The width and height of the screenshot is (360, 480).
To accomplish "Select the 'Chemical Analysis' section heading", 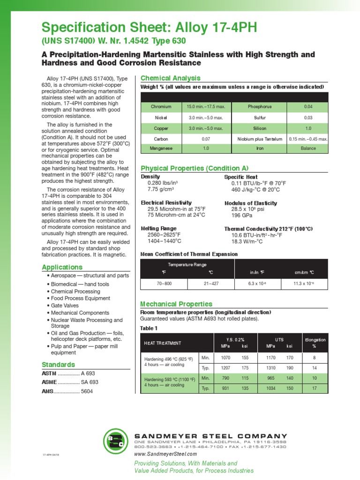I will [171, 78].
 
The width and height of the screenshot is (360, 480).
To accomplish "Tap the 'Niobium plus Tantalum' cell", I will [259, 139].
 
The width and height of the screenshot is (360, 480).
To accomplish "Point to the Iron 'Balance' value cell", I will [308, 148].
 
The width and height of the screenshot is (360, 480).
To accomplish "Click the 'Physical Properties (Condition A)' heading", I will [195, 168].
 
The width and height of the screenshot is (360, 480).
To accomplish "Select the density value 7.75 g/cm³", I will [161, 189].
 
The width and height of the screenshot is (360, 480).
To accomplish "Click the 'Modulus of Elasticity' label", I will [251, 203].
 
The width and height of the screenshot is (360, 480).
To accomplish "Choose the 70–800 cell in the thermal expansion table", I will [164, 284].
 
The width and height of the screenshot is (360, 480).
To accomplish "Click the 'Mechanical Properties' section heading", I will [177, 304].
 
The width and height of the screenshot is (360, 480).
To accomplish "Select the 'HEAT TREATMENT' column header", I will [162, 343].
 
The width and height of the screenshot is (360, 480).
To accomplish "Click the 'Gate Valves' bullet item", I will [65, 305].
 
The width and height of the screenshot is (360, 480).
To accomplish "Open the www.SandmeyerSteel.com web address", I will [165, 454].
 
